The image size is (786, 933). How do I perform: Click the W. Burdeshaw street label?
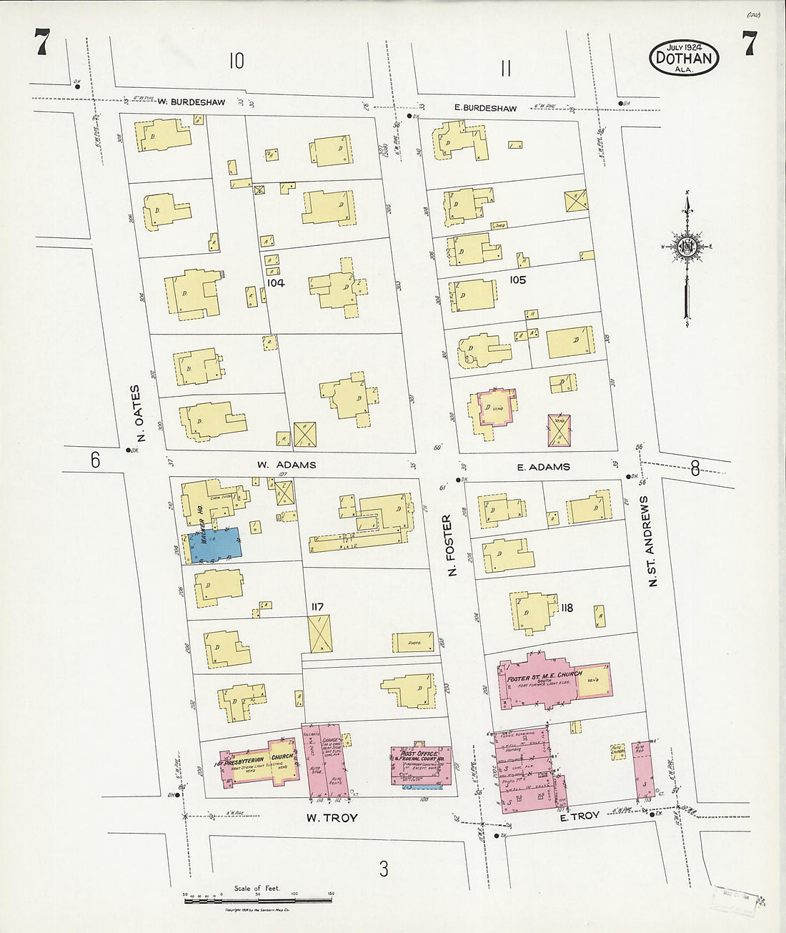tap(191, 102)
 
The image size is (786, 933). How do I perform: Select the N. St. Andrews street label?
tap(651, 540)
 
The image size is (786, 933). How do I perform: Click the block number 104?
tap(276, 283)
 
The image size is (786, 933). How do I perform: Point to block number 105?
tap(517, 280)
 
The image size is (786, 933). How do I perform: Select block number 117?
tap(317, 607)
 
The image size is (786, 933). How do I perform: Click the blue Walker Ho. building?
tap(214, 544)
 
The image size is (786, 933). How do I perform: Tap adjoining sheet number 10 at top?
tap(237, 61)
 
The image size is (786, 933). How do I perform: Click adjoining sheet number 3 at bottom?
tap(384, 869)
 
